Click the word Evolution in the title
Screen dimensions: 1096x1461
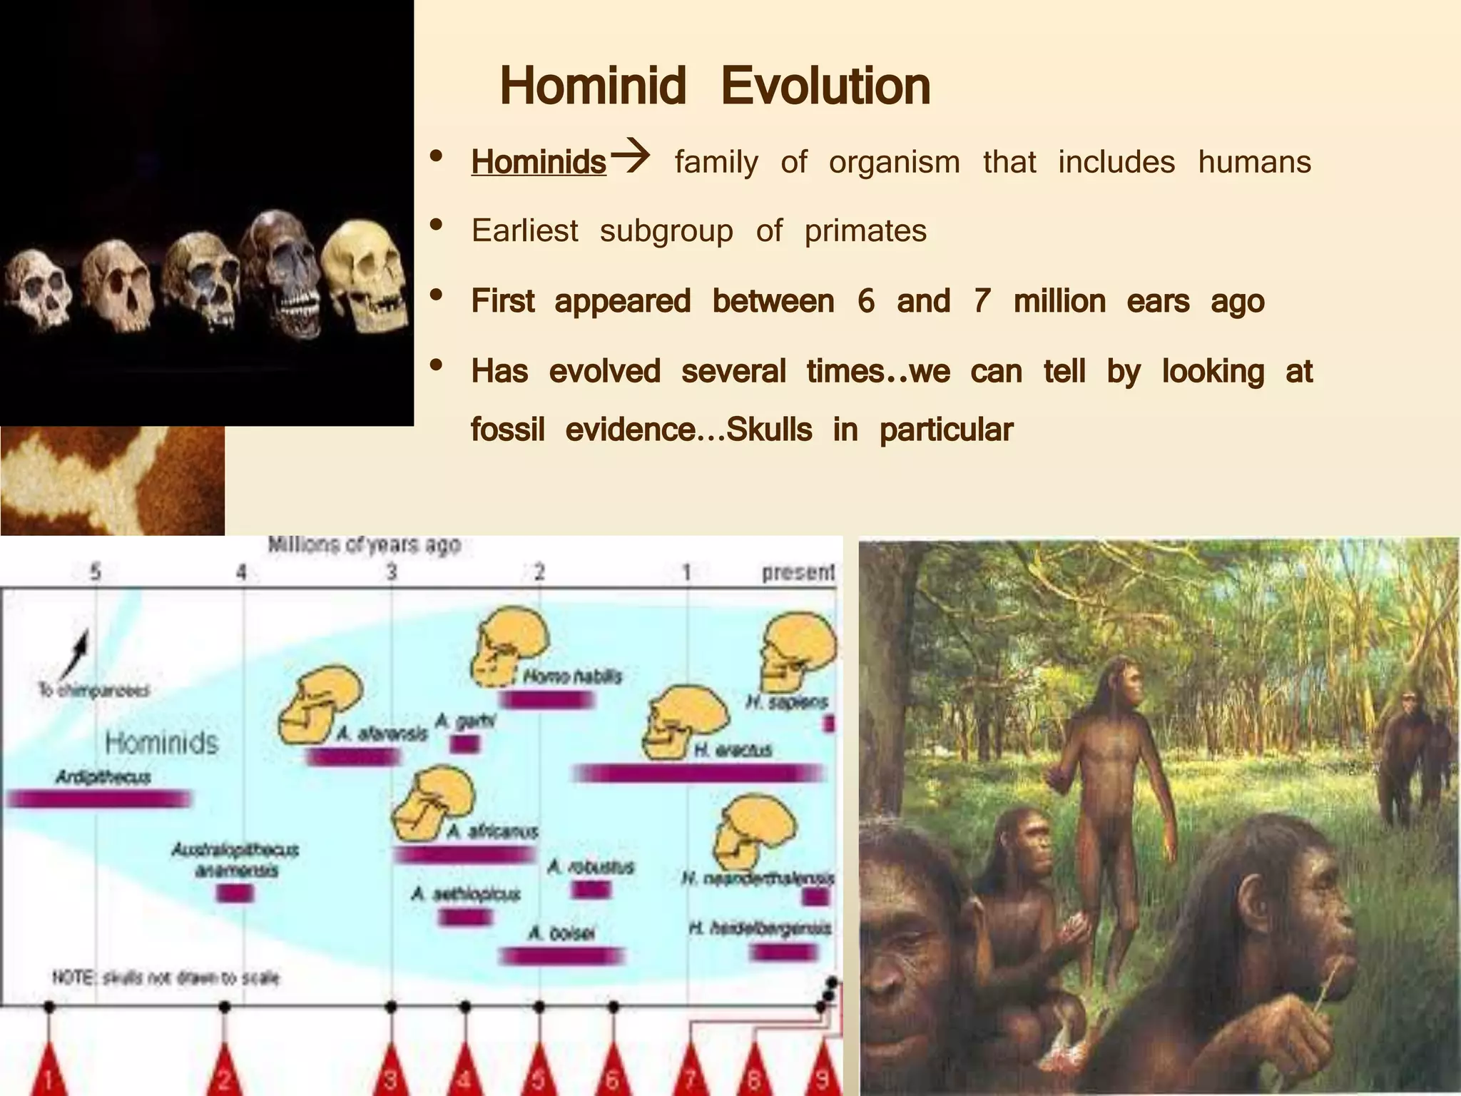pyautogui.click(x=825, y=86)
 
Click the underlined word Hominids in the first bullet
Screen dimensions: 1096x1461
pyautogui.click(x=539, y=162)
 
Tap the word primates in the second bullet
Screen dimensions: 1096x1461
pyautogui.click(x=865, y=231)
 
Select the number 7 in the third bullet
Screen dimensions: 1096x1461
pyautogui.click(x=982, y=301)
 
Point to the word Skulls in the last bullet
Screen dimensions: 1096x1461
pyautogui.click(x=769, y=430)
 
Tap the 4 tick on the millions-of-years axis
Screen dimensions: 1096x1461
pyautogui.click(x=243, y=572)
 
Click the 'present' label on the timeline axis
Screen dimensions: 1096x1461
pyautogui.click(x=798, y=572)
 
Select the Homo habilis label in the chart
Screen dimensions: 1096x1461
pyautogui.click(x=572, y=676)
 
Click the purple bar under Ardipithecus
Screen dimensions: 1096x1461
pyautogui.click(x=98, y=798)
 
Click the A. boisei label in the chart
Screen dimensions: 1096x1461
pyautogui.click(x=561, y=933)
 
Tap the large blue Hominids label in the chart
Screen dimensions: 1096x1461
pyautogui.click(x=162, y=744)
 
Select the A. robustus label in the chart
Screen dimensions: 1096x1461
pyautogui.click(x=591, y=868)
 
